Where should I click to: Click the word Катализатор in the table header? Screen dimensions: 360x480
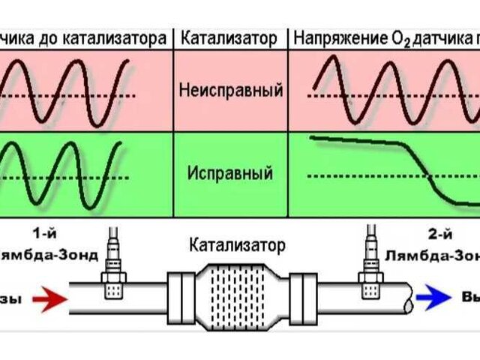click(x=232, y=37)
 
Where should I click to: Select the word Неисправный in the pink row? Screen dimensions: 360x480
click(x=231, y=91)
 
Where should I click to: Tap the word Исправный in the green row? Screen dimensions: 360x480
click(x=231, y=174)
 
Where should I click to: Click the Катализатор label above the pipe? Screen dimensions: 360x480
click(x=238, y=244)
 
